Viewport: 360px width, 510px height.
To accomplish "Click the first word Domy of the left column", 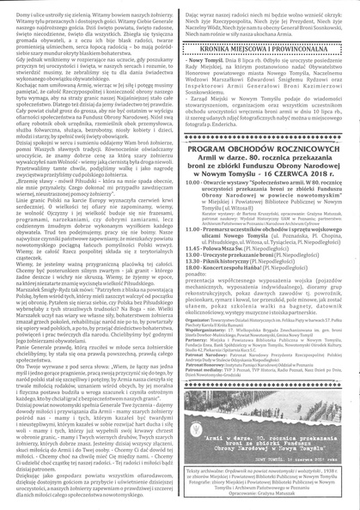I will pyautogui.click(x=15, y=5).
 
